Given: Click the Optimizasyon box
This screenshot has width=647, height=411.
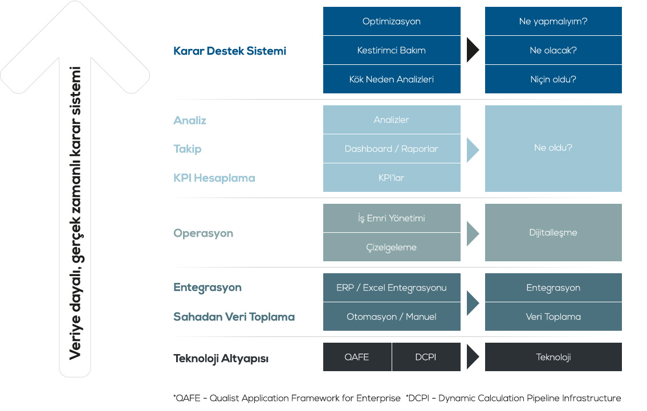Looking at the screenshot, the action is pyautogui.click(x=392, y=21).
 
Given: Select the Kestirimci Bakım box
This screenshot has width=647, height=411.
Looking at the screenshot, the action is pyautogui.click(x=392, y=50).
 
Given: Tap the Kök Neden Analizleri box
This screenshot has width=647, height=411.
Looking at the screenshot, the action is pyautogui.click(x=392, y=79).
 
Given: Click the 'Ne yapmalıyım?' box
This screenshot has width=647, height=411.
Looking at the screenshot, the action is pyautogui.click(x=554, y=21).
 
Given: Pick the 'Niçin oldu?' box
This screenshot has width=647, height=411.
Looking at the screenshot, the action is pyautogui.click(x=554, y=79).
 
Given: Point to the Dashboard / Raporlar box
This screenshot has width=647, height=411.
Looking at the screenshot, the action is pyautogui.click(x=392, y=149).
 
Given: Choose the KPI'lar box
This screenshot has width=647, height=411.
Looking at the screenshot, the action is pyautogui.click(x=392, y=178).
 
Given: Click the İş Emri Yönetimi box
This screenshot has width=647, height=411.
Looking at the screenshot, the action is pyautogui.click(x=392, y=218).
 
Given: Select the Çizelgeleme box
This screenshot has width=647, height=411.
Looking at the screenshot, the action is pyautogui.click(x=392, y=247).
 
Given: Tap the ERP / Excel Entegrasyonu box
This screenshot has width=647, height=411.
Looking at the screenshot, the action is pyautogui.click(x=392, y=287).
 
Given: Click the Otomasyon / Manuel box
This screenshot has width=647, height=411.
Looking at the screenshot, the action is pyautogui.click(x=392, y=317).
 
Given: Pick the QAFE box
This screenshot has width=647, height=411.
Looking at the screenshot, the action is pyautogui.click(x=357, y=357).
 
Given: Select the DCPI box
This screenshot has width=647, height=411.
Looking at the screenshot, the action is pyautogui.click(x=426, y=357).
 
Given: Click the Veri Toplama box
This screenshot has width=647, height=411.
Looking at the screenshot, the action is pyautogui.click(x=554, y=317).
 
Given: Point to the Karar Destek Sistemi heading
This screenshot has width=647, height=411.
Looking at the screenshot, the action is pyautogui.click(x=230, y=51).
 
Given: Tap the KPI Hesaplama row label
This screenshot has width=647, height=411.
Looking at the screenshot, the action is pyautogui.click(x=214, y=178).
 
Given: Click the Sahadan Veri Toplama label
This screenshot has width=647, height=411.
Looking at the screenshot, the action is pyautogui.click(x=234, y=317).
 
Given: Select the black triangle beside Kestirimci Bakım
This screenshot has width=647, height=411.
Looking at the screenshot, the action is pyautogui.click(x=473, y=50).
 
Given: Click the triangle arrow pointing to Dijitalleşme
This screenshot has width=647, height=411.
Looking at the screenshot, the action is pyautogui.click(x=473, y=233).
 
